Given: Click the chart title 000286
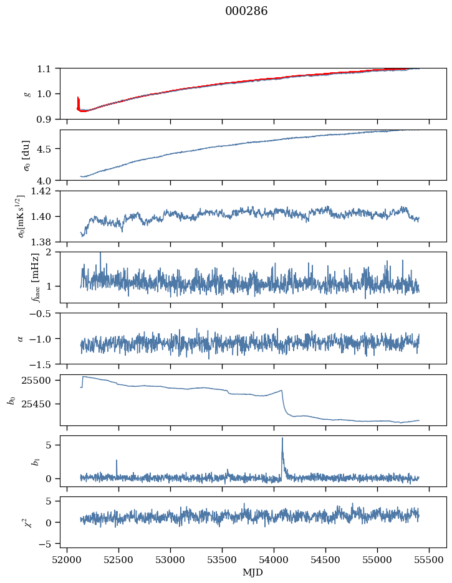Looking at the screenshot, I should coord(246,11).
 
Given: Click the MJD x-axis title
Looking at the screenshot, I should coord(252,572).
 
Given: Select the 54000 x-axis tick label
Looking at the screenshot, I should coord(274,559).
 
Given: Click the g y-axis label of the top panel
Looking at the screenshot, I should coord(27,93).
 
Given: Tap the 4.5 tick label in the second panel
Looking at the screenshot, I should coord(47,149).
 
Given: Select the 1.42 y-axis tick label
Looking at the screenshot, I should coord(45,191).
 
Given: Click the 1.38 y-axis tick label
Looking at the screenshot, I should coord(45,242).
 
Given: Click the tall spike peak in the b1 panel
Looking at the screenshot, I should coord(282,438).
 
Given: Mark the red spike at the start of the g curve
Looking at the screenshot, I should coord(78,98).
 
